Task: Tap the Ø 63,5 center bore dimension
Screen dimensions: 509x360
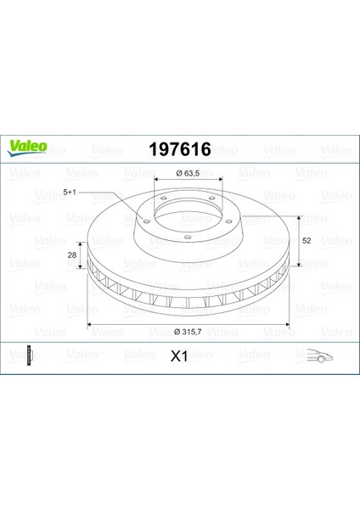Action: click(188, 174)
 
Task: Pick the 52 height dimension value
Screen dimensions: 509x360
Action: click(307, 240)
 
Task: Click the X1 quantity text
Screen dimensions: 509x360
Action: click(179, 357)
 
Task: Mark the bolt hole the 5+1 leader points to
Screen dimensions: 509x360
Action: click(145, 223)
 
